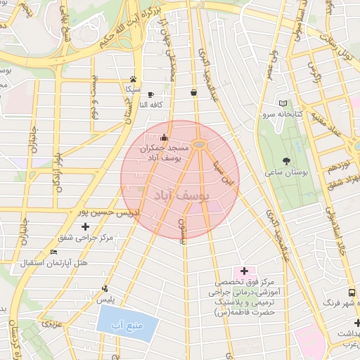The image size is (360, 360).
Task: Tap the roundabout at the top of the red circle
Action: [200, 145]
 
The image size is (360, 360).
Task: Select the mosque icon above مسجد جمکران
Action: [165, 137]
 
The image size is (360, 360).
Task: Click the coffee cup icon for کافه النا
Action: [150, 94]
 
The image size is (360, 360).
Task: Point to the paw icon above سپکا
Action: [133, 79]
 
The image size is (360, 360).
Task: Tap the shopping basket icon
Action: [193, 92]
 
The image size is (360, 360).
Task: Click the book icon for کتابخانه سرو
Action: [283, 103]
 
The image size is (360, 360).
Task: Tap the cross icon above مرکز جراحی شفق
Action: [86, 226]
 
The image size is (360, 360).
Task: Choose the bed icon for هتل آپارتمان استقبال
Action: [54, 252]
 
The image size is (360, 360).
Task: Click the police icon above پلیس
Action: [105, 288]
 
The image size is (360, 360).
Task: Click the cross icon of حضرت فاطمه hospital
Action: [245, 271]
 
